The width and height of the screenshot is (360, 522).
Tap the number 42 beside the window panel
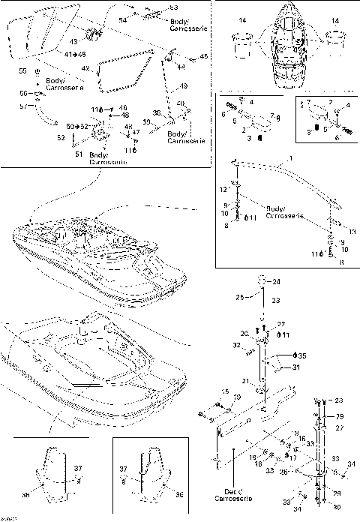coord(86,69)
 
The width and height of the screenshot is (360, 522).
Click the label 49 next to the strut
coord(183,86)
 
